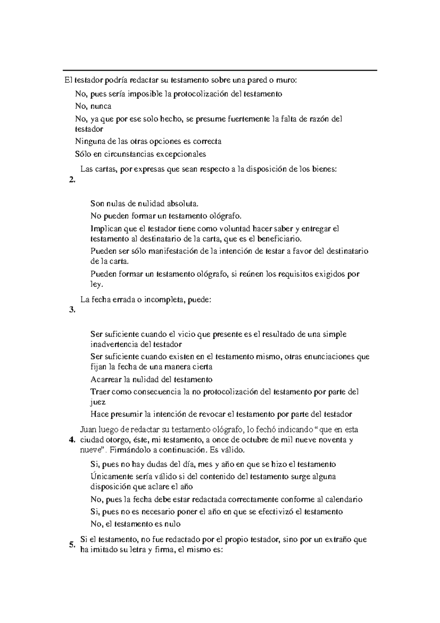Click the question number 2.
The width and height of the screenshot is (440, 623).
[x=71, y=179]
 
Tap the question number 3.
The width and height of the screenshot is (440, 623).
[x=71, y=310]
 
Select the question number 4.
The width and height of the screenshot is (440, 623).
[x=72, y=440]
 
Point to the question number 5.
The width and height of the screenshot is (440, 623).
[x=71, y=545]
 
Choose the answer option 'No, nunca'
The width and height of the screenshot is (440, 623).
[x=93, y=106]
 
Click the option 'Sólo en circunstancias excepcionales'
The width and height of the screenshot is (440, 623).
[x=140, y=154]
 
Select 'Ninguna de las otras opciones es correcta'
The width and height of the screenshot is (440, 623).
[x=148, y=141]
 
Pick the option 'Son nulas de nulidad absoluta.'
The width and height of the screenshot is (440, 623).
[x=146, y=203]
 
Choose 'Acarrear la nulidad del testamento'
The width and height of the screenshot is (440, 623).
[x=151, y=379]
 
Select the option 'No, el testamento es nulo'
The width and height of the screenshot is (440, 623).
[x=135, y=524]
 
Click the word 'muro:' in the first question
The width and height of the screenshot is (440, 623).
[x=289, y=80]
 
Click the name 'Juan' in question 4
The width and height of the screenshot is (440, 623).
[x=87, y=429]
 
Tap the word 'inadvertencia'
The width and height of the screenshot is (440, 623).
[x=114, y=345]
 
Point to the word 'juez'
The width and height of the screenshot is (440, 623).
[x=98, y=402]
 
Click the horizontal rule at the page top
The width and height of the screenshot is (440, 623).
[x=220, y=70]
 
